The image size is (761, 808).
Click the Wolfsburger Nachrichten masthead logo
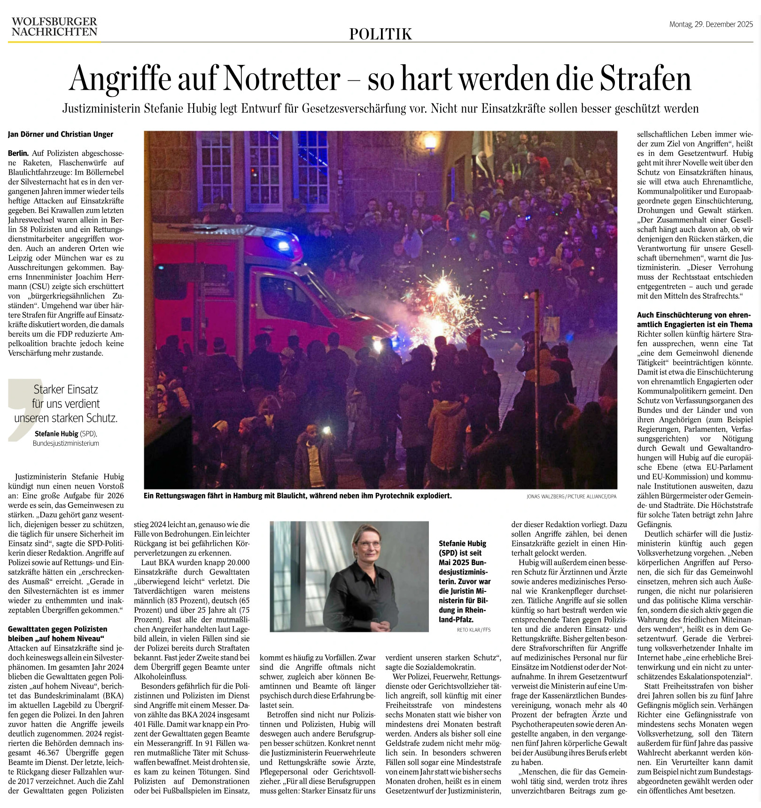(x=54, y=27)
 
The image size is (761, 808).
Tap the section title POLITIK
(x=380, y=34)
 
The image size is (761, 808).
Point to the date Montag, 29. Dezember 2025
(x=711, y=24)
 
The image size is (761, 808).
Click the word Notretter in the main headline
(x=282, y=78)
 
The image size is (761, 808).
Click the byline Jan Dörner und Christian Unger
(x=61, y=134)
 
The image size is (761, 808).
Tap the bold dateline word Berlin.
(x=18, y=153)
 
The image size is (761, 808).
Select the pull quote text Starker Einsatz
(x=66, y=389)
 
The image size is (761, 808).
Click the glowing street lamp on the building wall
(x=430, y=140)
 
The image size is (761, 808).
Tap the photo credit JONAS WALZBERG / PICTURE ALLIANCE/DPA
(x=571, y=497)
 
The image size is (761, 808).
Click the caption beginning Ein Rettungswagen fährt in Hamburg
(x=297, y=496)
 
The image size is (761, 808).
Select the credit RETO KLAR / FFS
(x=474, y=630)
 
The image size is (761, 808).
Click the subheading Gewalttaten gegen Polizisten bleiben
(x=57, y=634)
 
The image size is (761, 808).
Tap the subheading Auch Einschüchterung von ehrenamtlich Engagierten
(x=694, y=319)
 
